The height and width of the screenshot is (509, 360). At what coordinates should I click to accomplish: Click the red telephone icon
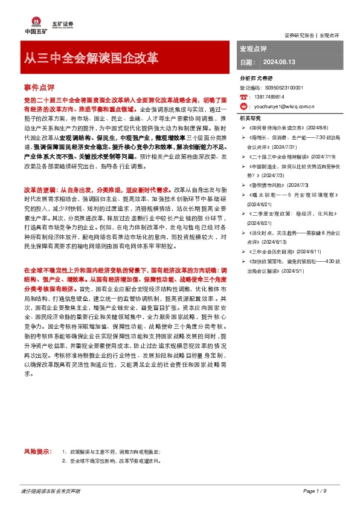tap(243, 97)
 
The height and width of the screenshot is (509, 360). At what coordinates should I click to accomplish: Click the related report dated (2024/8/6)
tap(318, 128)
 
